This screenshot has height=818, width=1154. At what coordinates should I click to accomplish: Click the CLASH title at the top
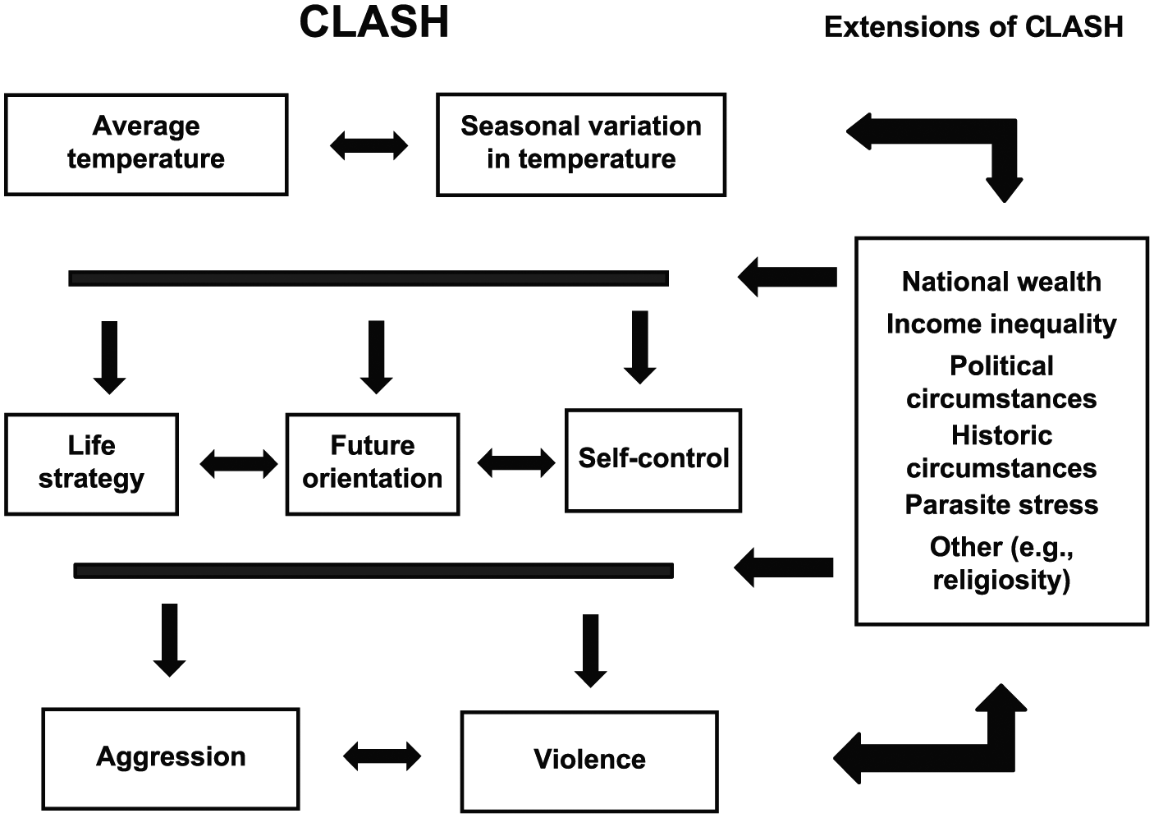tap(374, 23)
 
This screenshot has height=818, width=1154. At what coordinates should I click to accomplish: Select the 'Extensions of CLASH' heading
tap(973, 27)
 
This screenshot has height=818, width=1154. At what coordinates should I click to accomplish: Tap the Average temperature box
tap(146, 145)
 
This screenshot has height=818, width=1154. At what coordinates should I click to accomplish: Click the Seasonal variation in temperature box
tap(581, 145)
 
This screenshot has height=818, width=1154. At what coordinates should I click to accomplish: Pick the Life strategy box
tap(92, 464)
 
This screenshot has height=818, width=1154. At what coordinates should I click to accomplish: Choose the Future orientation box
tap(373, 464)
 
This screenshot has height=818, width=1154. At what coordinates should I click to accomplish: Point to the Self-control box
tap(653, 460)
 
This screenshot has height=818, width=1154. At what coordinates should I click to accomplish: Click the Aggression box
tap(171, 759)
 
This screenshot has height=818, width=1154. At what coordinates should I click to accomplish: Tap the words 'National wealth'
tap(1001, 282)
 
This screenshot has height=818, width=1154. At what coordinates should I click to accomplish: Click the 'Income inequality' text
tap(1001, 324)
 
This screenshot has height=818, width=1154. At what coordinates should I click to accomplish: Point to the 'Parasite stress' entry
tap(1001, 504)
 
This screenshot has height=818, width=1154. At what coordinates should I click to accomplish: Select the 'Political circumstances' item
tap(1001, 383)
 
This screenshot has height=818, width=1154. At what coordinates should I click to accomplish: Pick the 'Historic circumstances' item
tap(1001, 452)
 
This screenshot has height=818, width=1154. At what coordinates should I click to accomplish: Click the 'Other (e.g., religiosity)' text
tap(1001, 563)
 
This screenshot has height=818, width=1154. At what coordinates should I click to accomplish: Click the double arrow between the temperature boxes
tap(369, 145)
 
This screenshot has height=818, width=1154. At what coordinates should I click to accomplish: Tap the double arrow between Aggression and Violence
tap(382, 756)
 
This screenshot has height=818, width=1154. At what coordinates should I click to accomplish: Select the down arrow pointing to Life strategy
tap(110, 358)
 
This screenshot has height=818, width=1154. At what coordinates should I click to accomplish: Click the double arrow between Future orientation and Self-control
tap(516, 463)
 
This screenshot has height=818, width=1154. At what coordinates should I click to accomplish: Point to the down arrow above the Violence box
tap(590, 651)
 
